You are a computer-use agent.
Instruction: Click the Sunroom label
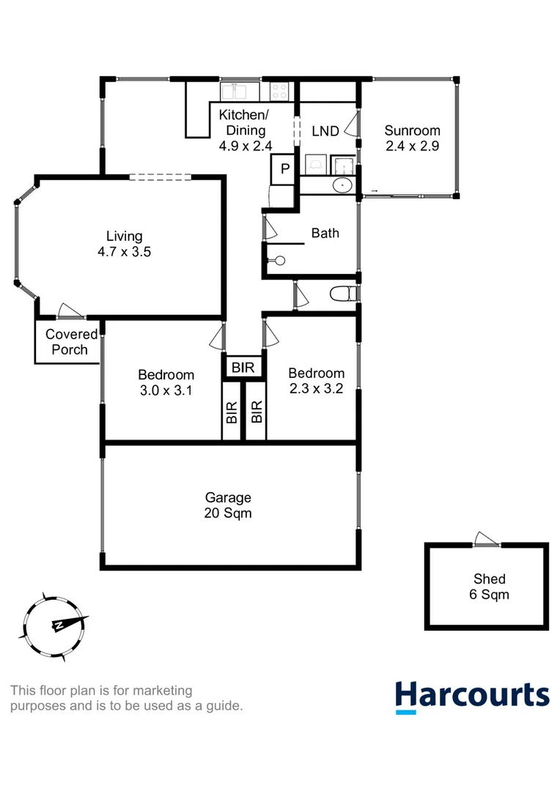point(411,131)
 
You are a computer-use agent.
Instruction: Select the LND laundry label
point(325,131)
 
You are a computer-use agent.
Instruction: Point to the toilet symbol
point(342,294)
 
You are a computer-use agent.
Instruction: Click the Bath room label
point(325,233)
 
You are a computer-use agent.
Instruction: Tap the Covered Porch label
point(72,342)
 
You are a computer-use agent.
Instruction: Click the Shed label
point(489,579)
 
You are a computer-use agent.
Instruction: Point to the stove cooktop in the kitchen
point(281,90)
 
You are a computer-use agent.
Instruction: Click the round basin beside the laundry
point(342,185)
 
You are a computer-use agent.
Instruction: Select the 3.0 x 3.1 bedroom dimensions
point(166,390)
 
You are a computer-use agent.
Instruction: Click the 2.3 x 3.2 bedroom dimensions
point(316,388)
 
